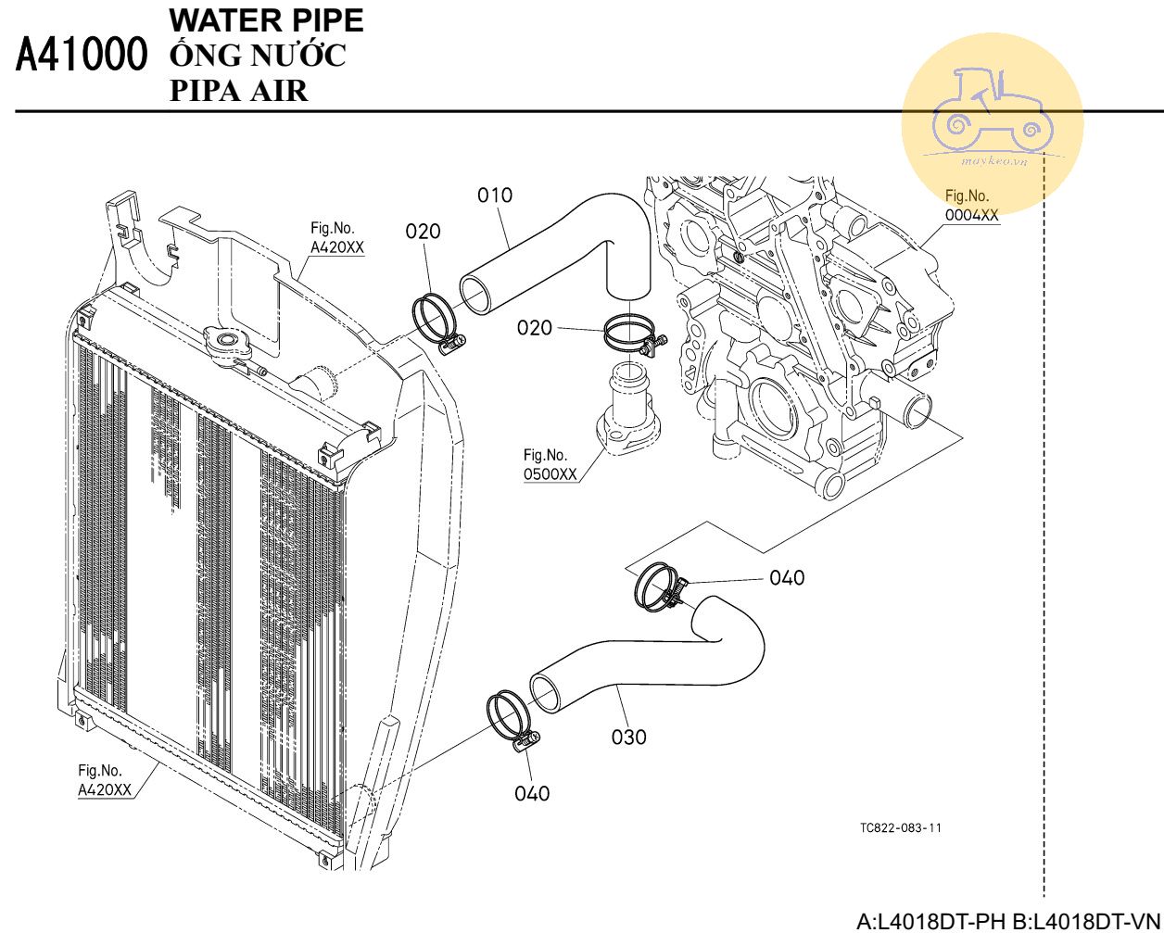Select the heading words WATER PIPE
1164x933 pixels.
[x=267, y=21]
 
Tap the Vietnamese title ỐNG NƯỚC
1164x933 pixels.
[x=259, y=56]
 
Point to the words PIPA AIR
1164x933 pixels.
[x=239, y=90]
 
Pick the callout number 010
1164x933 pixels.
[x=495, y=195]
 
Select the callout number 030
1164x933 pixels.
[x=628, y=738]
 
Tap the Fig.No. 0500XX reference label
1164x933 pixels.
[x=550, y=464]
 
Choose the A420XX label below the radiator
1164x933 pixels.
[x=104, y=780]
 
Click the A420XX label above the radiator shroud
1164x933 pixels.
[x=336, y=238]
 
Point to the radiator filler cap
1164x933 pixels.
[x=228, y=344]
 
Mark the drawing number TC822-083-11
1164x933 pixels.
[x=900, y=827]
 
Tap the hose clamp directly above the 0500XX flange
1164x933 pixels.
[x=635, y=334]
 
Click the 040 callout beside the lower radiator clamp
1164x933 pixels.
[x=532, y=793]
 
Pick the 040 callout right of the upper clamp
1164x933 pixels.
[x=787, y=578]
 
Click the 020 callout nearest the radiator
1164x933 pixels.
[x=424, y=232]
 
